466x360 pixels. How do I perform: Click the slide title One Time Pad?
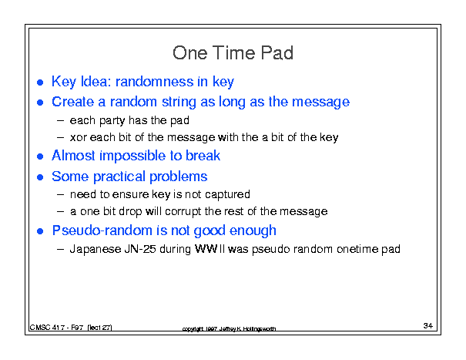coord(233,53)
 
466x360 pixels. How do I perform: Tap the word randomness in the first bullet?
coord(154,82)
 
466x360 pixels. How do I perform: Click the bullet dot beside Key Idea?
coord(40,82)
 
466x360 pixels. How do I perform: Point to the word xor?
coord(78,138)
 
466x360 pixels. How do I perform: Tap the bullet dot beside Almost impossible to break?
coord(40,156)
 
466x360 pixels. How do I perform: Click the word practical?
coord(119,177)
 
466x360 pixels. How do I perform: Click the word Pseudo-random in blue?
coord(102,230)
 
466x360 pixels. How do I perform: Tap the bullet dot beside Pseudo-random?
coord(40,231)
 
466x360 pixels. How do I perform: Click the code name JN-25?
coord(140,249)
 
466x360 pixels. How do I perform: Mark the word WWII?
coord(210,249)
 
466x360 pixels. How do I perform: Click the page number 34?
coord(428,326)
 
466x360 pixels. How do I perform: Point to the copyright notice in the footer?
coord(229,328)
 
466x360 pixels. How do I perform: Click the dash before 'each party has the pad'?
coord(60,121)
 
